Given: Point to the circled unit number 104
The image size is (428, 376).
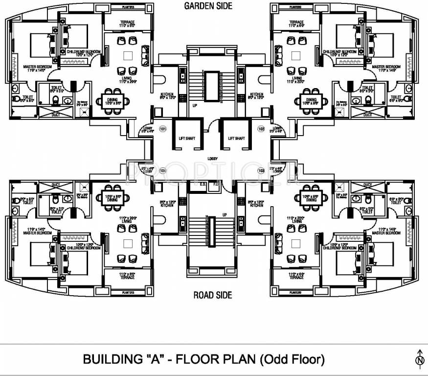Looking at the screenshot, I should (162, 170).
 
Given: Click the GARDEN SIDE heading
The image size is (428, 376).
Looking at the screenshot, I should (208, 6).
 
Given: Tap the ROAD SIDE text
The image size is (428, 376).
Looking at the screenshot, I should (212, 295).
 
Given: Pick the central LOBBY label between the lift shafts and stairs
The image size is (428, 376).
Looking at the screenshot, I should (212, 159).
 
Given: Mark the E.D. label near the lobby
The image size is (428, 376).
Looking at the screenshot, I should (203, 185).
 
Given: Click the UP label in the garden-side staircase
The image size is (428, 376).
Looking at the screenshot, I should (194, 105).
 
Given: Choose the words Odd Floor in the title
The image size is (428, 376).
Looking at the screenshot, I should (293, 359).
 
